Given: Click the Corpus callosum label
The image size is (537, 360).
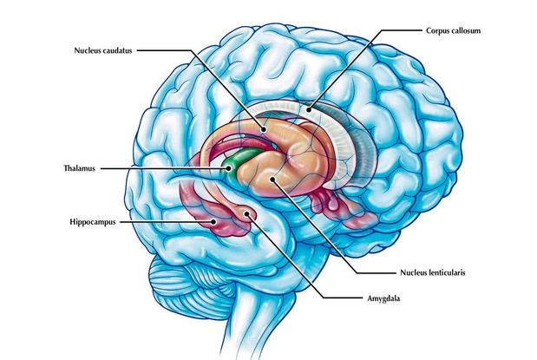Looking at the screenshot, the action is (453, 31).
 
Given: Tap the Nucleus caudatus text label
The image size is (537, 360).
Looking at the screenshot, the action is (103, 50).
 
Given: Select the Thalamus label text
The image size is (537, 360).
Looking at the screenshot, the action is (79, 168).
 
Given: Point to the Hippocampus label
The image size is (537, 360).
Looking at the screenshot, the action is (93, 222).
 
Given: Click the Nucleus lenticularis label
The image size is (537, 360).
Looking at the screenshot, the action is (433, 272).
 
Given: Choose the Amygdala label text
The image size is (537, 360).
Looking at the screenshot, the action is (383, 298).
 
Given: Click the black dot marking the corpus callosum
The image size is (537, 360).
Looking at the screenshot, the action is (309, 110).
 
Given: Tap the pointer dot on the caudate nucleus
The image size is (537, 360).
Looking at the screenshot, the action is (263, 129).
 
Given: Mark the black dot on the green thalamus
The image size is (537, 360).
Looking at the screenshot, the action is (228, 168).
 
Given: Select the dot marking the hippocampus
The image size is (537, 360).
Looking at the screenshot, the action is (213, 221).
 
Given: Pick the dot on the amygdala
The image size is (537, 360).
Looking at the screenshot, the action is (246, 213).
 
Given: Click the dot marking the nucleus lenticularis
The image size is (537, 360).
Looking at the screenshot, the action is (272, 179).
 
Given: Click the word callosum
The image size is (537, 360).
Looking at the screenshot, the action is (466, 31).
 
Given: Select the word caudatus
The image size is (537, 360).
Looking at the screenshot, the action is (117, 50).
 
